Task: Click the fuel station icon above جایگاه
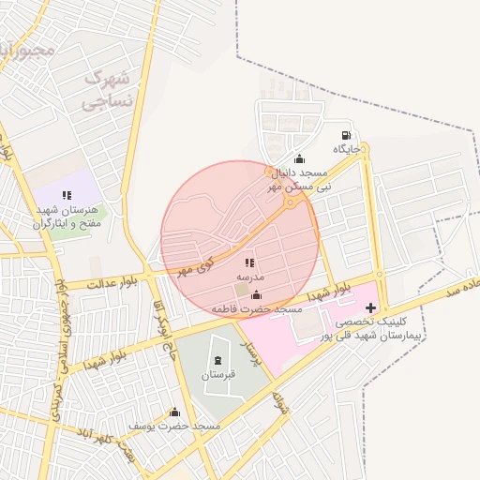pyautogui.click(x=347, y=134)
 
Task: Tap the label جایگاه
pyautogui.click(x=347, y=149)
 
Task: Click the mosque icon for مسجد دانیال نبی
pyautogui.click(x=299, y=158)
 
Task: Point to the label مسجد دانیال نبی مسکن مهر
pyautogui.click(x=300, y=179)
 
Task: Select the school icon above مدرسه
pyautogui.click(x=249, y=263)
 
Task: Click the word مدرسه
pyautogui.click(x=250, y=277)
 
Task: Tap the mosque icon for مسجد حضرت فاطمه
pyautogui.click(x=257, y=295)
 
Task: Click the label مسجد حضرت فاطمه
pyautogui.click(x=256, y=308)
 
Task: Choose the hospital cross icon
pyautogui.click(x=370, y=307)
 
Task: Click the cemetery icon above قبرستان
pyautogui.click(x=218, y=361)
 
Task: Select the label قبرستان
pyautogui.click(x=218, y=375)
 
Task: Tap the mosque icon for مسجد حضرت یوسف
pyautogui.click(x=173, y=412)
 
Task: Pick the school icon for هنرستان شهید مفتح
pyautogui.click(x=66, y=195)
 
